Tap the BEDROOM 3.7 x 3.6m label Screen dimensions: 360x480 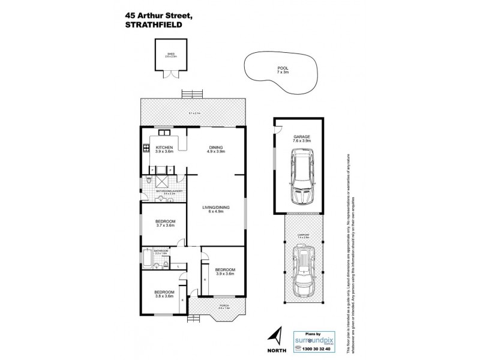[x=164, y=223]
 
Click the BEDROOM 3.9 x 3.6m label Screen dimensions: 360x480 [x=224, y=272]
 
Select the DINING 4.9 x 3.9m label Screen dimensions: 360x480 [x=215, y=149]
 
